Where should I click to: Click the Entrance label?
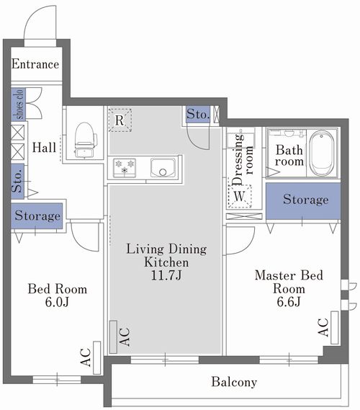tap(35, 64)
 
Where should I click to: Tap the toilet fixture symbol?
tap(84, 140)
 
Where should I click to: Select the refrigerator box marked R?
tap(120, 120)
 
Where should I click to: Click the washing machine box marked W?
tap(240, 196)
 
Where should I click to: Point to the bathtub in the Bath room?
tap(321, 153)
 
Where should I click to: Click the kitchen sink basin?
tap(163, 168)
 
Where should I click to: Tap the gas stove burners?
tap(125, 168)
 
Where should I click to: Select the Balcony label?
tap(234, 382)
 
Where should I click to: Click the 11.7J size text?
tap(166, 275)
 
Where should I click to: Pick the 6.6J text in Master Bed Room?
tap(289, 301)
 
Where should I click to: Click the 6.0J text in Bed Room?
tap(57, 302)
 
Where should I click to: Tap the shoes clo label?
tap(19, 104)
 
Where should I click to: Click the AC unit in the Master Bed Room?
tap(335, 327)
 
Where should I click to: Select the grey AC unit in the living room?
tap(113, 337)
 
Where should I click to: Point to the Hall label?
tap(44, 148)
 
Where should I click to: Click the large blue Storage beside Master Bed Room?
tap(303, 201)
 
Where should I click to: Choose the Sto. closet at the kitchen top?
tap(198, 115)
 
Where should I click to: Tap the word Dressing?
tap(237, 160)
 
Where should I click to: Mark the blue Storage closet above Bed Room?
tap(37, 215)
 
